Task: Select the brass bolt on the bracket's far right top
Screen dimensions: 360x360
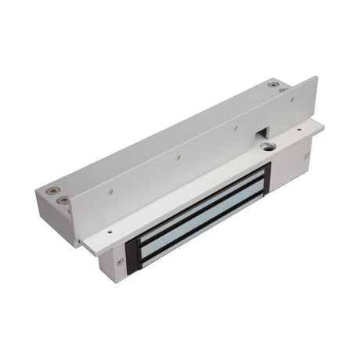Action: [x=272, y=85]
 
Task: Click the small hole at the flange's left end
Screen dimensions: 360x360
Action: [x=109, y=232]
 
